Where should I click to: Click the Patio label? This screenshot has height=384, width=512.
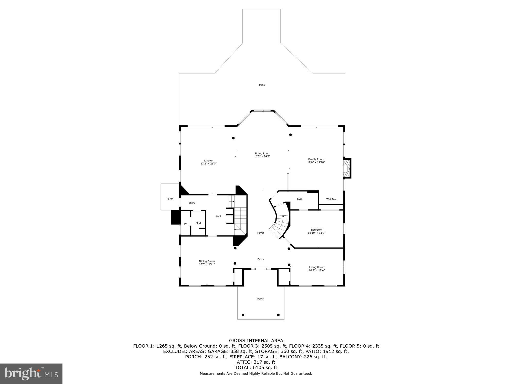(262, 85)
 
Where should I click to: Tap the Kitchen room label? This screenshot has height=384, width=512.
(209, 162)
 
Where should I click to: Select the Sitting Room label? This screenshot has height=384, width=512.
(262, 155)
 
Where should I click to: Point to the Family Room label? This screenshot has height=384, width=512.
(316, 161)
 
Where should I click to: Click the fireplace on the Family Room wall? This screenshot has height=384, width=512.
(347, 168)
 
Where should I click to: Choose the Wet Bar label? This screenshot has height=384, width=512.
(331, 199)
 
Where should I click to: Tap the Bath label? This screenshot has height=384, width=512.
(300, 199)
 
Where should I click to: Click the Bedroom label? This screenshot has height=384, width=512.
(316, 231)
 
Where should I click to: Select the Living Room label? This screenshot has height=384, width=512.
(317, 269)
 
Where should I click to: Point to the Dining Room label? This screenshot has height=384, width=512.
(207, 263)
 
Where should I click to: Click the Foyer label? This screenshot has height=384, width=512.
(261, 233)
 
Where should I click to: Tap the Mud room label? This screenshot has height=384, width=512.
(198, 223)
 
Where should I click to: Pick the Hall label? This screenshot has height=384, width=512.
(218, 216)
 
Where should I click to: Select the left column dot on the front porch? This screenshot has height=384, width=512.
(243, 315)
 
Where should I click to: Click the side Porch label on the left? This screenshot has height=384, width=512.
(170, 199)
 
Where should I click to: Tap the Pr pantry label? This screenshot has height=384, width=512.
(185, 224)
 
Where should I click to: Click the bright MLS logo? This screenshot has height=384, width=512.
(31, 374)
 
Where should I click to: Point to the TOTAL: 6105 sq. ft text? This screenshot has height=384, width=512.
(256, 368)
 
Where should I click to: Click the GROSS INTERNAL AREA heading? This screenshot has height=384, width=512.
(256, 340)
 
